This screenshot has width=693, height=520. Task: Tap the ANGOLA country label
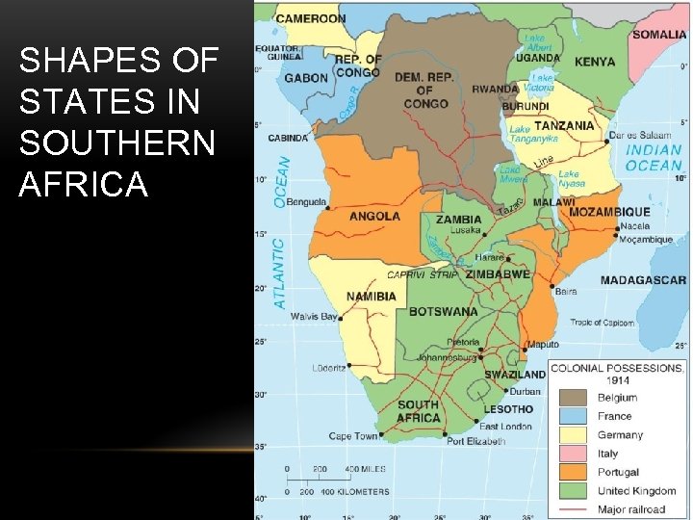click(374, 217)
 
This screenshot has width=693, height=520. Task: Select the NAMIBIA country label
click(371, 297)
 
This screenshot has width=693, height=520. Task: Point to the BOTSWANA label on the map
click(443, 312)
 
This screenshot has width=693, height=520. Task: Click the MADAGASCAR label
click(643, 280)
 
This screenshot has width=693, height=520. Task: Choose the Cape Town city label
click(353, 436)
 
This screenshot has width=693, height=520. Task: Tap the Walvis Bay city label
click(314, 317)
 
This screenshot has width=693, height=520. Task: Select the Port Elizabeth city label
click(475, 441)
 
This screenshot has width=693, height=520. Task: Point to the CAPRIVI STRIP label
click(423, 274)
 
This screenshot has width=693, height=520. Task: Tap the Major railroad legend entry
click(630, 509)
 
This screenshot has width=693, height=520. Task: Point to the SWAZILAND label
click(514, 375)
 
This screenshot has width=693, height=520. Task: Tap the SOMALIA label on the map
click(659, 35)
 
